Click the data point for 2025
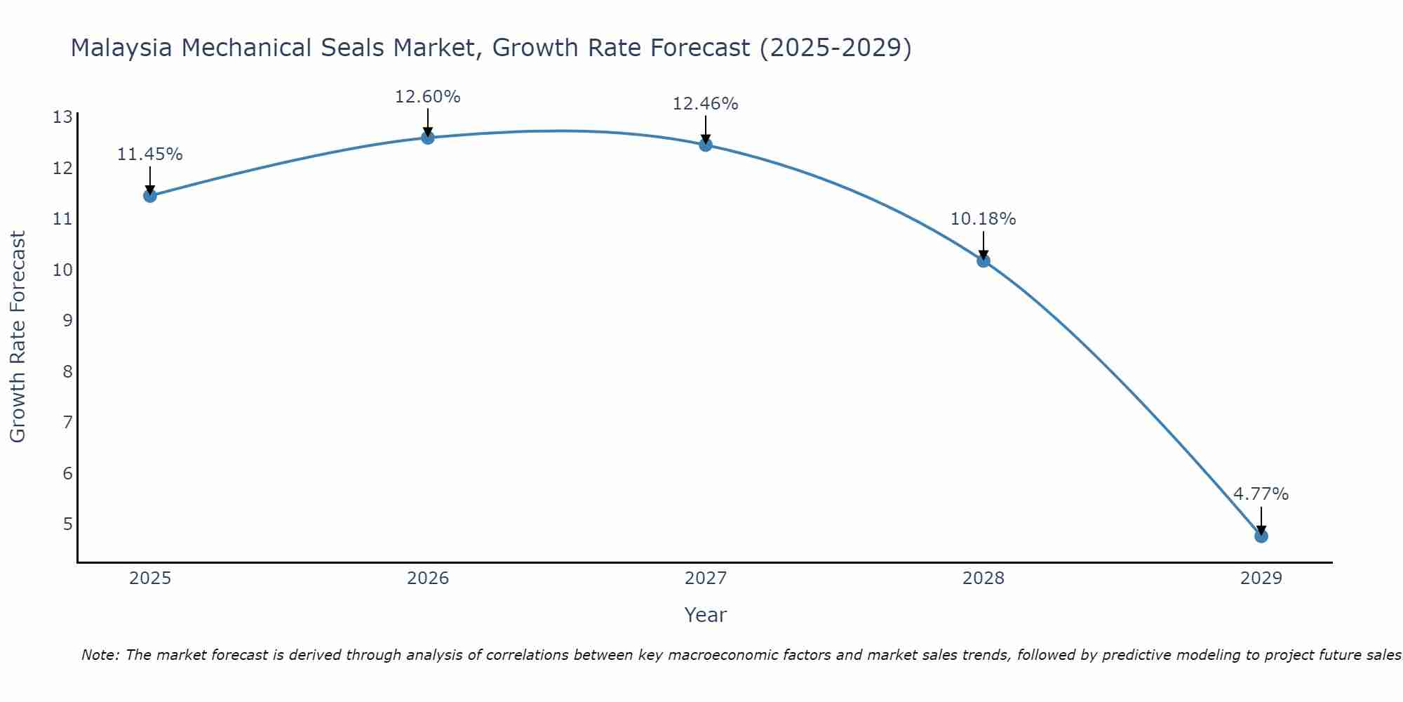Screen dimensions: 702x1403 pos(149,195)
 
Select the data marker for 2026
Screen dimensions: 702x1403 pos(427,137)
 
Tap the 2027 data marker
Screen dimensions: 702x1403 pos(705,145)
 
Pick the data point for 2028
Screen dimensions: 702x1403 pos(983,260)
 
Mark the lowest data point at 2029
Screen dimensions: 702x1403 pos(1261,536)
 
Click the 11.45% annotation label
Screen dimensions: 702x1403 pos(149,154)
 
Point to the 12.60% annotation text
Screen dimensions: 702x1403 pos(427,97)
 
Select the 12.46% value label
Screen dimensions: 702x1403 pos(705,104)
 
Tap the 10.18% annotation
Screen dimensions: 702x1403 pos(983,219)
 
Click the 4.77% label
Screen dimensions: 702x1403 pos(1261,494)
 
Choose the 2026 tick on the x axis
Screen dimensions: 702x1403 pos(428,578)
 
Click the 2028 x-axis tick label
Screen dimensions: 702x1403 pos(984,578)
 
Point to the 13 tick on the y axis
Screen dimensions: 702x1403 pos(62,117)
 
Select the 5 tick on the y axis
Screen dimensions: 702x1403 pos(67,524)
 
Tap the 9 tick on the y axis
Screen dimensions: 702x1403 pos(67,321)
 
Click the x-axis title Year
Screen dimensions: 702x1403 pos(705,615)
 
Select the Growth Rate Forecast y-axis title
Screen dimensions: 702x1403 pos(18,337)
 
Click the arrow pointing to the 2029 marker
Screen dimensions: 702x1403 pos(1261,520)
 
